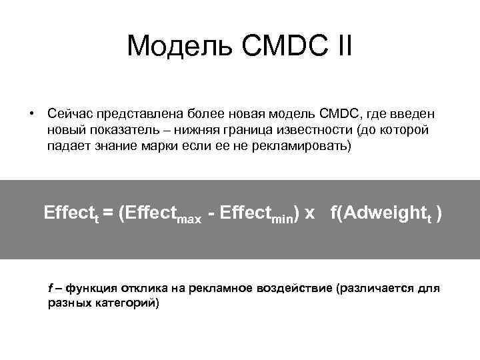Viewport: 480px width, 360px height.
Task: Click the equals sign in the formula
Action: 107,213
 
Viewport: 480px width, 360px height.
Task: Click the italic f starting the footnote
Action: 51,288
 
